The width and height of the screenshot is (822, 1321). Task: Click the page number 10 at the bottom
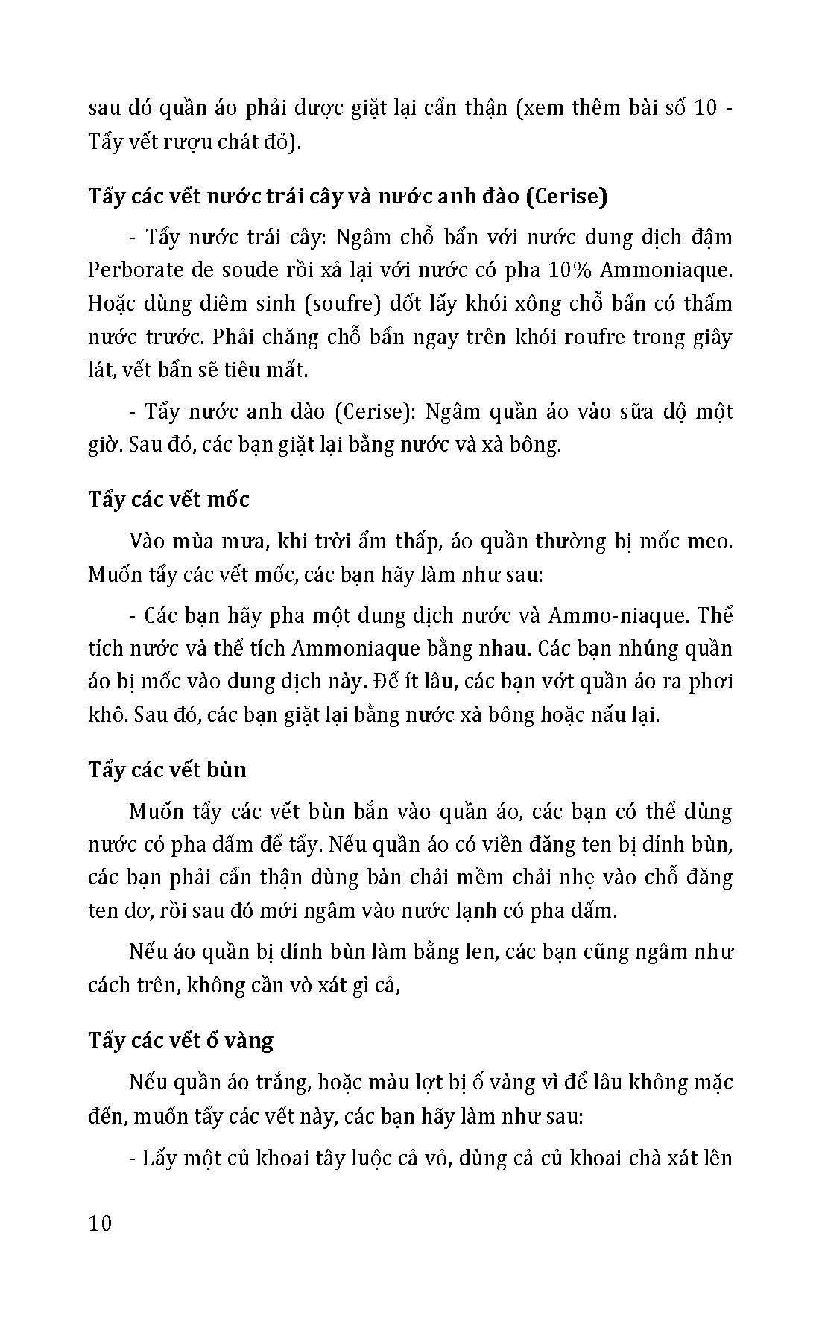pos(99,1223)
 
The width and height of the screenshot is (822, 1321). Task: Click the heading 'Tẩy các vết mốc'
pos(168,499)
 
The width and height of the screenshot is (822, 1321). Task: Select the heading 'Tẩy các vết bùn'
pos(167,770)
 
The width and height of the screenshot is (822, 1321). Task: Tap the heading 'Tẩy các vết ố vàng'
pos(180,1040)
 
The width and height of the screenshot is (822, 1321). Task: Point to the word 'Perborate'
pos(131,270)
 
